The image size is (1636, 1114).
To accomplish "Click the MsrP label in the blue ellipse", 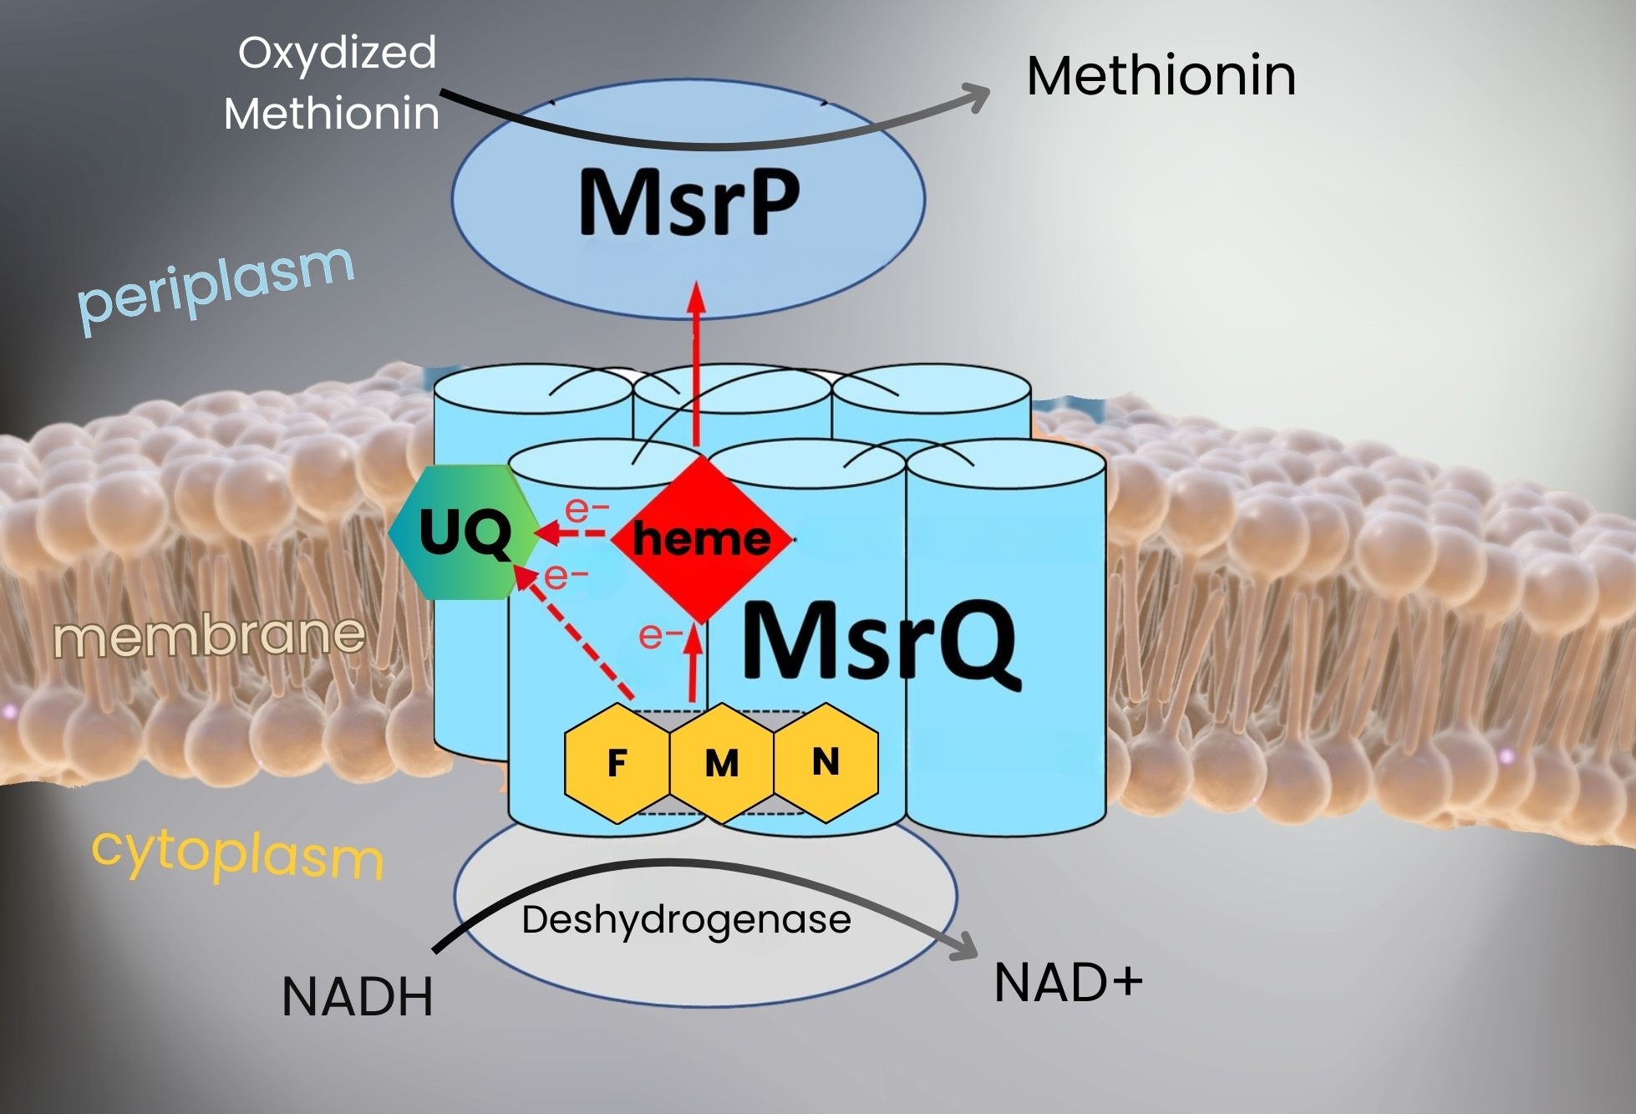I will pyautogui.click(x=688, y=201).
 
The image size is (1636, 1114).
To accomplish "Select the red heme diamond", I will pyautogui.click(x=701, y=539).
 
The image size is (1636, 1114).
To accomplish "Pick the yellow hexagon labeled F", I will pyautogui.click(x=617, y=763).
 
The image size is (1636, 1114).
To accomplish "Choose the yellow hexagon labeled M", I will pyautogui.click(x=722, y=763).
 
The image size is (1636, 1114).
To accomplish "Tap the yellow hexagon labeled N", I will pyautogui.click(x=826, y=761).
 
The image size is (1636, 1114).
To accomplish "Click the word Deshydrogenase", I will pyautogui.click(x=686, y=920).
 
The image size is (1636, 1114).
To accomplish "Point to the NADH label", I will pyautogui.click(x=358, y=996).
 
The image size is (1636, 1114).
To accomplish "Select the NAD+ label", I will pyautogui.click(x=1068, y=983).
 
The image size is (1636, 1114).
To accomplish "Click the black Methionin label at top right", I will pyautogui.click(x=1161, y=76).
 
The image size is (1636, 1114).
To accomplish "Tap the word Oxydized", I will pyautogui.click(x=337, y=53).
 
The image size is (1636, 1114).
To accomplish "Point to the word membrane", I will pyautogui.click(x=210, y=635).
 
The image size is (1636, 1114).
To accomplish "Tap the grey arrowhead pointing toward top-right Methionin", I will pyautogui.click(x=976, y=97).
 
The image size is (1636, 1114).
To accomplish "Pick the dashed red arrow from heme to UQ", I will pyautogui.click(x=572, y=532).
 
